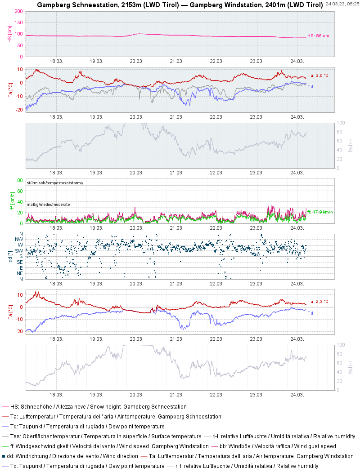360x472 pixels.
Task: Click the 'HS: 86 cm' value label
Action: [318, 36]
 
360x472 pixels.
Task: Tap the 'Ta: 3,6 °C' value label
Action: [318, 75]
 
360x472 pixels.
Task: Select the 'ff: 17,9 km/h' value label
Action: [320, 212]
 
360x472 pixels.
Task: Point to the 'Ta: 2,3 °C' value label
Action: [318, 301]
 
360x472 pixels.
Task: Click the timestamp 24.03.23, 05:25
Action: [342, 4]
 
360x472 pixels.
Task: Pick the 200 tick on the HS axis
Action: [19, 11]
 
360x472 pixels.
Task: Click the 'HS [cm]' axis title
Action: [10, 34]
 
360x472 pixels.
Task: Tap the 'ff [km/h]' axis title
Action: [12, 201]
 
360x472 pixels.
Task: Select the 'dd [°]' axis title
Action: [10, 257]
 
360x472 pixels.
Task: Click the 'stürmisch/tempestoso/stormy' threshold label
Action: [55, 183]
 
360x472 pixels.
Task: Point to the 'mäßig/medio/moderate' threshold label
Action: [48, 205]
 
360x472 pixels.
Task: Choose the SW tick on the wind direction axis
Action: [19, 251]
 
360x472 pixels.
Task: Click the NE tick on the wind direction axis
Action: [20, 273]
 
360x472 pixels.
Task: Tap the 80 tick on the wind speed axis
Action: [20, 180]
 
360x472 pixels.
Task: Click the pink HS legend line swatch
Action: [5, 407]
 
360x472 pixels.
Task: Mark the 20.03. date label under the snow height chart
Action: [136, 61]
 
